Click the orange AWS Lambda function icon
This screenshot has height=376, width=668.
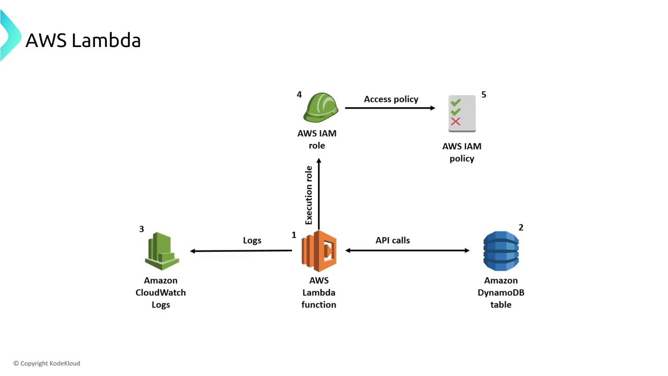click(319, 251)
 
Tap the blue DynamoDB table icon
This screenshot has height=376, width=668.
click(501, 251)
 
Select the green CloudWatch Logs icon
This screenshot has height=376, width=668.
click(161, 251)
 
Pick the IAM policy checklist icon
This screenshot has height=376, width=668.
click(462, 113)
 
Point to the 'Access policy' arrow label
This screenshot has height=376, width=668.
click(391, 99)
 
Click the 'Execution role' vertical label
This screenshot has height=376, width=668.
click(309, 195)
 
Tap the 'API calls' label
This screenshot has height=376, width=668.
click(392, 240)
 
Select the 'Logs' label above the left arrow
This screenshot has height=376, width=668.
click(252, 240)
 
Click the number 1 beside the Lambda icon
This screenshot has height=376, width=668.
click(294, 235)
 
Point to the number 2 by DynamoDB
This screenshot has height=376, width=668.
click(521, 227)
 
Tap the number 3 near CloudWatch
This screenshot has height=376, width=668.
click(141, 229)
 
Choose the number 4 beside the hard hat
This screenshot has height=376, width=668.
click(299, 95)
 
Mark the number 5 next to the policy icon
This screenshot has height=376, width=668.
click(484, 95)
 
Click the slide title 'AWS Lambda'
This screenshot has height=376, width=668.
click(83, 40)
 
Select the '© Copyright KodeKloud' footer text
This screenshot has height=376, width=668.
click(47, 363)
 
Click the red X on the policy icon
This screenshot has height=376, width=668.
click(456, 122)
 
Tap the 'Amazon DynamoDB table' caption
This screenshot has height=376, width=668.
click(501, 292)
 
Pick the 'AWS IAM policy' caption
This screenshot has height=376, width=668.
click(462, 152)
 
